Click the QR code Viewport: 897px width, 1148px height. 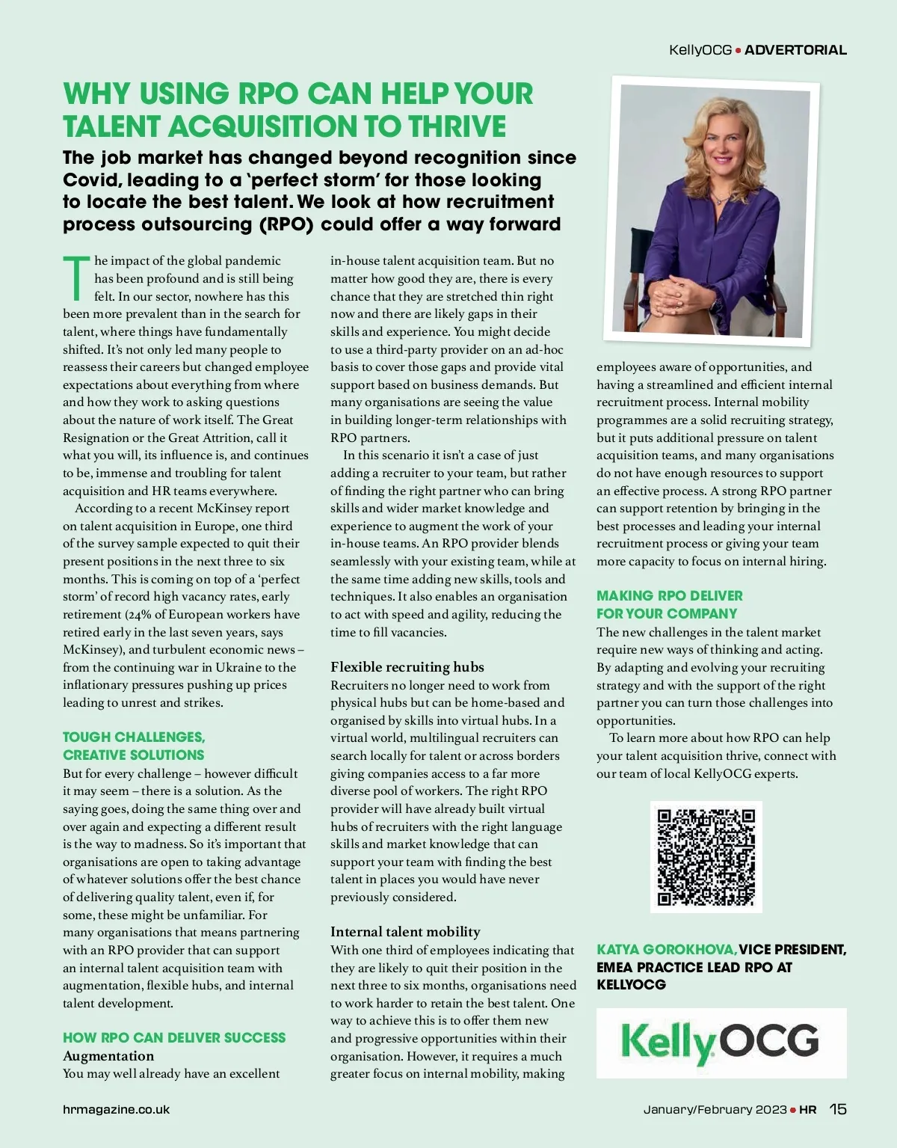pos(706,856)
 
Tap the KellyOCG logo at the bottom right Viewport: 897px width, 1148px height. pos(721,1043)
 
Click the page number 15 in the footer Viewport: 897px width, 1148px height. pos(838,1109)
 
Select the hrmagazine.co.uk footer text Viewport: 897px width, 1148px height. pos(116,1110)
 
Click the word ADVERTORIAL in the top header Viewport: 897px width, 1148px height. pos(795,50)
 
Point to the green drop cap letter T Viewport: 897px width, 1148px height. pos(76,276)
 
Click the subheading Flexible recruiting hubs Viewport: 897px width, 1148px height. pos(407,667)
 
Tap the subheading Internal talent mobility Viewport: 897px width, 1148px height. pos(405,932)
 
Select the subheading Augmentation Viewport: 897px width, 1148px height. pos(108,1056)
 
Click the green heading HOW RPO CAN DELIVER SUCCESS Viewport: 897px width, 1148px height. pos(174,1038)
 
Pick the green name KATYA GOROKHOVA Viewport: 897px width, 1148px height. pos(667,950)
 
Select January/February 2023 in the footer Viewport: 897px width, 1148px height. pos(715,1110)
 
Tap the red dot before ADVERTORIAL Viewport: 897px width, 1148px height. pos(738,51)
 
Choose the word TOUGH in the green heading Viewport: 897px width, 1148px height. pos(87,737)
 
